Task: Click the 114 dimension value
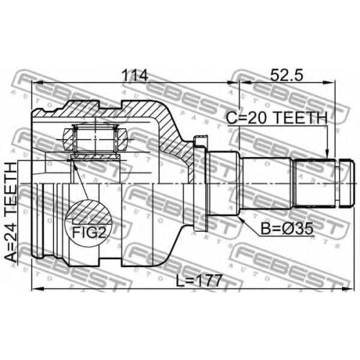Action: (x=135, y=76)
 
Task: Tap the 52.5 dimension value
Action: (x=287, y=76)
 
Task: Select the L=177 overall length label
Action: (x=199, y=281)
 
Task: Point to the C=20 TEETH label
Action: (x=277, y=118)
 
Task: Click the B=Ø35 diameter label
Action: (x=287, y=229)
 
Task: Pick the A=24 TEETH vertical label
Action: (x=11, y=212)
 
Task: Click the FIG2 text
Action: (x=89, y=232)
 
